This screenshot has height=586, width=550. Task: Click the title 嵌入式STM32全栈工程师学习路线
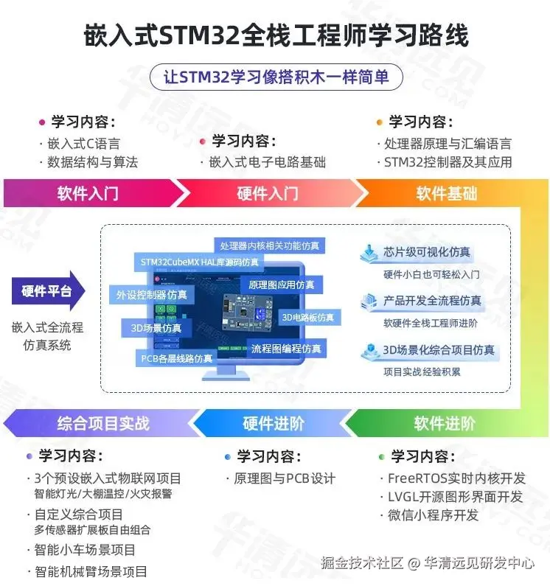click(x=274, y=34)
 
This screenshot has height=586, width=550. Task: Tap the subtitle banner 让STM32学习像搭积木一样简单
click(x=274, y=77)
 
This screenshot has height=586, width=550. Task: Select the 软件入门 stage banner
click(x=88, y=193)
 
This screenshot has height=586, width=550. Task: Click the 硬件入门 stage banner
click(x=267, y=193)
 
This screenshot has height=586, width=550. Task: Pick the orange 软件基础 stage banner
click(x=446, y=193)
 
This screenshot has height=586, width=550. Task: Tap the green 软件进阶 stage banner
click(x=444, y=423)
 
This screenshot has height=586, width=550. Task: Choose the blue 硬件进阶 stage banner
click(x=273, y=423)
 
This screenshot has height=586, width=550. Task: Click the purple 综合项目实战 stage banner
click(x=102, y=423)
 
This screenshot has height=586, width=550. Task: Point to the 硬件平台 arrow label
click(x=47, y=291)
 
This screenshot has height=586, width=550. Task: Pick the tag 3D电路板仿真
click(x=309, y=318)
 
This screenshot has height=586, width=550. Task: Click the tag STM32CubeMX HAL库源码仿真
click(x=199, y=262)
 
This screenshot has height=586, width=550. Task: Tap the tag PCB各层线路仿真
click(x=176, y=358)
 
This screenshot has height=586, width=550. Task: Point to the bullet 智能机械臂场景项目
click(x=91, y=571)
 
